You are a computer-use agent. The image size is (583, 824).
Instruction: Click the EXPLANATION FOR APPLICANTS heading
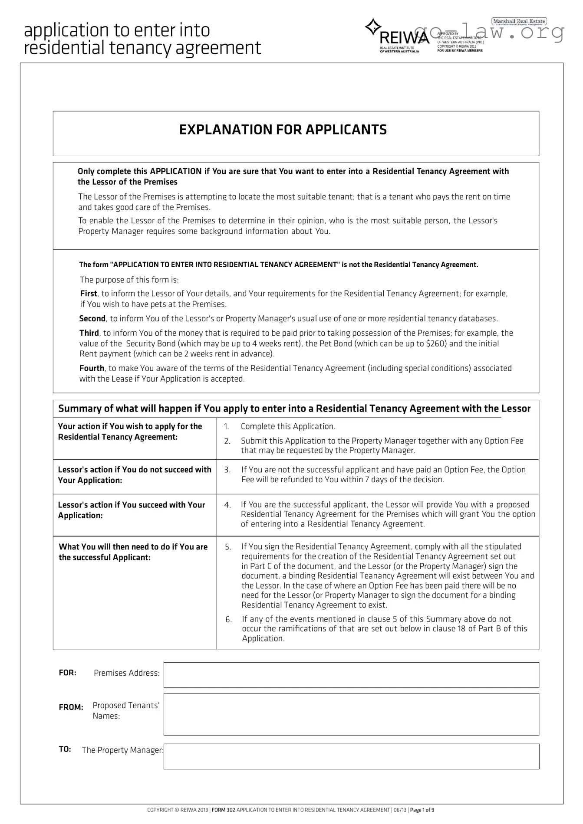pos(283,130)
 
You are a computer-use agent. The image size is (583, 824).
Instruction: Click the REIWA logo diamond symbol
pos(372,27)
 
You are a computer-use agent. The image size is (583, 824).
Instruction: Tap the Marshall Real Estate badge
pos(519,22)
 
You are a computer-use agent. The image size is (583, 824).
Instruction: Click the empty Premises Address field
pos(351,675)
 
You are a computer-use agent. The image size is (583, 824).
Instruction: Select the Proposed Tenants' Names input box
pos(351,714)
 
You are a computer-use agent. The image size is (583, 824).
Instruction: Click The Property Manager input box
pos(351,756)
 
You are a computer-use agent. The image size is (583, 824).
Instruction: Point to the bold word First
pos(89,294)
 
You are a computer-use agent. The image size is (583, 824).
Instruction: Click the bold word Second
pos(92,319)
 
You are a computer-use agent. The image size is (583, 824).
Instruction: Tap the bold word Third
pos(89,333)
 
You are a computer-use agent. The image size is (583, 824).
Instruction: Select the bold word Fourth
pos(92,368)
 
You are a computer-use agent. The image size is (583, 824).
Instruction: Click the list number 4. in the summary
pos(227,505)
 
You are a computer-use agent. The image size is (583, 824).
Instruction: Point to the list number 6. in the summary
pos(228,620)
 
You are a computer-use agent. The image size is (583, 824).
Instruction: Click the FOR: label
pos(68,673)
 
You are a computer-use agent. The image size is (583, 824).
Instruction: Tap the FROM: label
pos(71,707)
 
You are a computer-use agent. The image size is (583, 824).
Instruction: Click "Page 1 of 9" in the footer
pos(422,810)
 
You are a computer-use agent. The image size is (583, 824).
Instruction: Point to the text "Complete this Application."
pos(288,426)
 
